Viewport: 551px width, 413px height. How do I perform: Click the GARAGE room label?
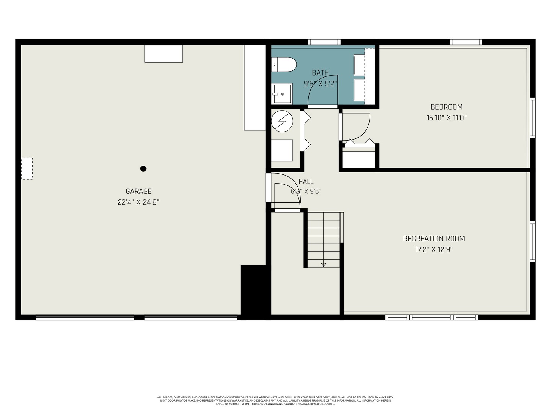click(x=139, y=191)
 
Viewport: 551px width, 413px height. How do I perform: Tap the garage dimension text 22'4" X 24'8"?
click(x=139, y=202)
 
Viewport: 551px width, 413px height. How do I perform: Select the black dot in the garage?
click(x=143, y=169)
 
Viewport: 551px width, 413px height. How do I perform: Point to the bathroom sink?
click(x=282, y=94)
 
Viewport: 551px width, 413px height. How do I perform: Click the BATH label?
click(x=320, y=73)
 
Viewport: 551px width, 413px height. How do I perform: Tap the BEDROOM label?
click(x=447, y=107)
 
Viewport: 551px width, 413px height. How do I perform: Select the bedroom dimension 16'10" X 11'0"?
click(x=447, y=118)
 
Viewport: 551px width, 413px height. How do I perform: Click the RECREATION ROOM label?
click(x=434, y=239)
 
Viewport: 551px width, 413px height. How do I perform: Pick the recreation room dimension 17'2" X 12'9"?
click(x=434, y=249)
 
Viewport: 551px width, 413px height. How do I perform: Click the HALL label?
click(x=306, y=182)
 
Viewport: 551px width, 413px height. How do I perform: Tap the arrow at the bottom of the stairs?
click(x=323, y=265)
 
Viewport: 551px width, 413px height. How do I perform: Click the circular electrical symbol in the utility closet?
click(x=282, y=121)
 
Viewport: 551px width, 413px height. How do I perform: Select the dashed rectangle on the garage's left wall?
click(x=27, y=169)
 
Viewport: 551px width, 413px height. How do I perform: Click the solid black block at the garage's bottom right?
click(x=253, y=291)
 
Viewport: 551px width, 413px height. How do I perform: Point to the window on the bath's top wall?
click(x=324, y=42)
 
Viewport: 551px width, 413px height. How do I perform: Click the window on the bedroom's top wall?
click(x=466, y=42)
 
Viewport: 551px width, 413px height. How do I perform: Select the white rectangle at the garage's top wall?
click(x=163, y=54)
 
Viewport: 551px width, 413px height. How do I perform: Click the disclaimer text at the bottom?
click(x=275, y=400)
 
